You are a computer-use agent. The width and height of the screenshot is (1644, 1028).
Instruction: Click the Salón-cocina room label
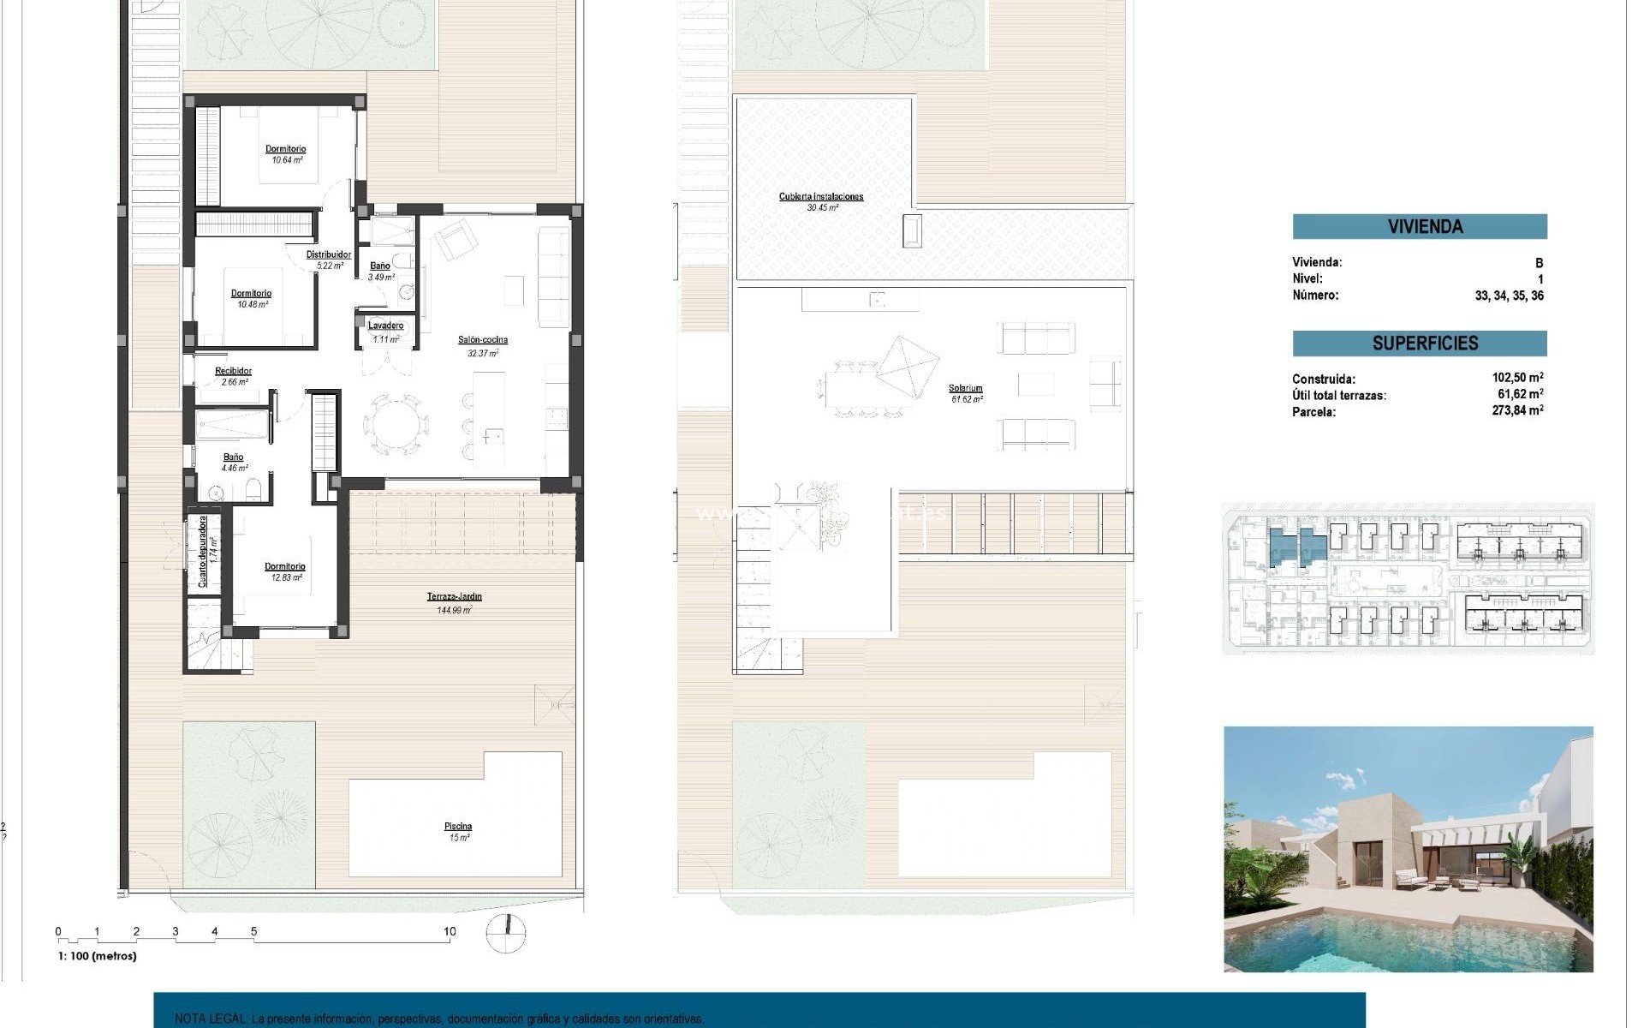tap(482, 340)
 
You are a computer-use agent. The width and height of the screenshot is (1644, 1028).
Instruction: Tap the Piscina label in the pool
tap(458, 827)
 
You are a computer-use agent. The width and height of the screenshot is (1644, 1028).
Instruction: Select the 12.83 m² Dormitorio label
tap(285, 567)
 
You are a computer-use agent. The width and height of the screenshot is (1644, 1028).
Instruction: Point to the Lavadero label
tap(386, 326)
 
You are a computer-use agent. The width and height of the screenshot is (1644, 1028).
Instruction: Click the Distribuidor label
tap(329, 254)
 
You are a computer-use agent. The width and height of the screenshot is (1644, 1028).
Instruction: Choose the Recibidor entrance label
tap(233, 371)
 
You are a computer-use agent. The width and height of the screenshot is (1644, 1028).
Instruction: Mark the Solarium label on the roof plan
tap(966, 388)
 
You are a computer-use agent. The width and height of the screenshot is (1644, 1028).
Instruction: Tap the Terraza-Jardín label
tap(454, 597)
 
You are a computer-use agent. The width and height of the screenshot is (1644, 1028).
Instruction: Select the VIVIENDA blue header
tap(1419, 226)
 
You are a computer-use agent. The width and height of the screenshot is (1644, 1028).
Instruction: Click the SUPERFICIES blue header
tap(1419, 344)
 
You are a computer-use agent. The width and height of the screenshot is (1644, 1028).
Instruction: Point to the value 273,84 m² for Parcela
tap(1517, 411)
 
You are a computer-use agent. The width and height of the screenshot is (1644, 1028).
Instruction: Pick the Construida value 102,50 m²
tap(1517, 378)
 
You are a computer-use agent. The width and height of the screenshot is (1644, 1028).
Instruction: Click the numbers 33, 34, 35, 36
tap(1509, 296)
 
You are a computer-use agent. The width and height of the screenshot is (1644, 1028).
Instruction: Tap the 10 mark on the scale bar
tap(450, 932)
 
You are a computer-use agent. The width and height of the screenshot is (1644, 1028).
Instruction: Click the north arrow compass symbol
tap(506, 934)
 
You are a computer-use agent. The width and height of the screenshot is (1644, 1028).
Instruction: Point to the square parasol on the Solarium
tap(908, 367)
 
